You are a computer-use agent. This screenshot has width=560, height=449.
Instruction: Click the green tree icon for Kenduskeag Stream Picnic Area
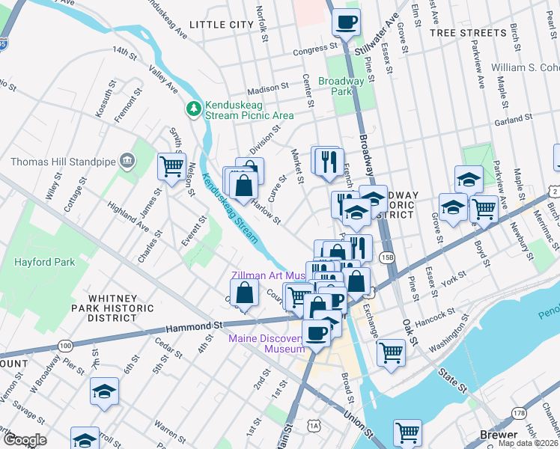click(194, 109)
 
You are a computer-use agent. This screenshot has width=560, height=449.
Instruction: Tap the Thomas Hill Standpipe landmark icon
click(127, 161)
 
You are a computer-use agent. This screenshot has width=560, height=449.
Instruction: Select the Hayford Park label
click(44, 263)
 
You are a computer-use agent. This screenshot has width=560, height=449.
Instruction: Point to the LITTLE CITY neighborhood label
click(222, 25)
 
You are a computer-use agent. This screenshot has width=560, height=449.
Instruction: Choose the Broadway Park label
click(341, 86)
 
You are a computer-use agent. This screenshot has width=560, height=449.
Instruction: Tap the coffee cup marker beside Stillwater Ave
click(345, 22)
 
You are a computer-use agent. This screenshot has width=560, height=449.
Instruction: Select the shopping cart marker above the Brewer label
click(407, 432)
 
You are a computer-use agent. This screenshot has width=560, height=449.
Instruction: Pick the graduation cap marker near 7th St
click(105, 391)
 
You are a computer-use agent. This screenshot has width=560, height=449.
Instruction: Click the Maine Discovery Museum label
click(267, 343)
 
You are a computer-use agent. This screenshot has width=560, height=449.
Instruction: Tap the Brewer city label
click(499, 435)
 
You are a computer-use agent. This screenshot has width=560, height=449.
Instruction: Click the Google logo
click(25, 439)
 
